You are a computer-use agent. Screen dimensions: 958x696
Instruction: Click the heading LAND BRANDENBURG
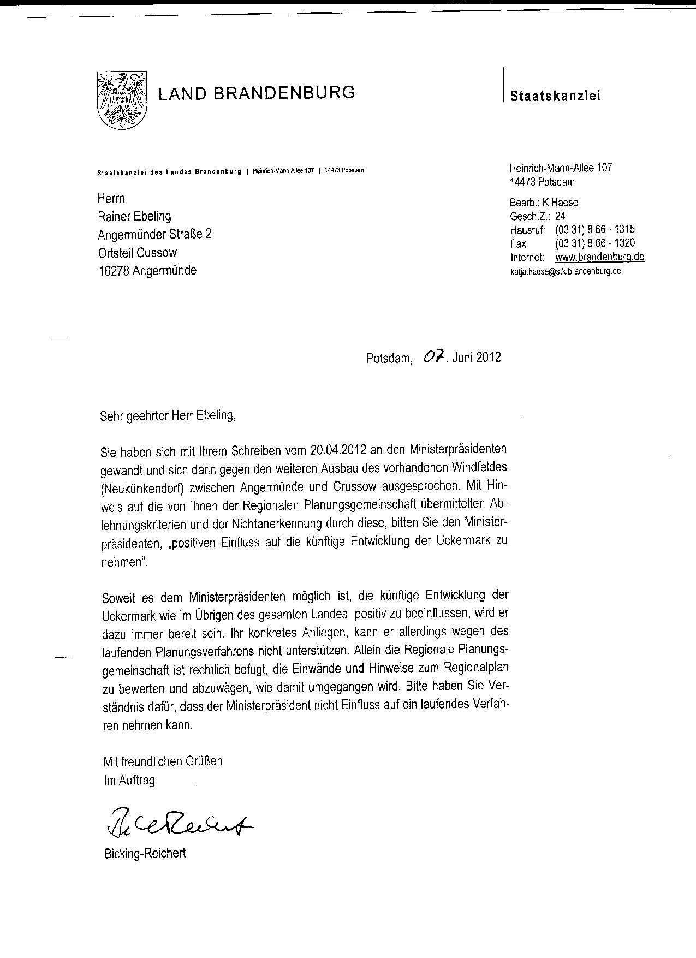[257, 92]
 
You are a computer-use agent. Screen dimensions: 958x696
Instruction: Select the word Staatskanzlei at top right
[555, 96]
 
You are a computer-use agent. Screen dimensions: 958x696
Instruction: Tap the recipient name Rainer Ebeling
[134, 216]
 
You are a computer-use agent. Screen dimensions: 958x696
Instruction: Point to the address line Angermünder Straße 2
[154, 234]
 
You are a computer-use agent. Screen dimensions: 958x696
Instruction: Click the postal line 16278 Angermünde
[147, 270]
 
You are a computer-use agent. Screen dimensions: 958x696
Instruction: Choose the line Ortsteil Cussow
[137, 252]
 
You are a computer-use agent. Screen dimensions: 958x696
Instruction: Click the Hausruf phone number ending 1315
[594, 230]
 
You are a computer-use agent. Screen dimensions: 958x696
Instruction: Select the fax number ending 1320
[594, 243]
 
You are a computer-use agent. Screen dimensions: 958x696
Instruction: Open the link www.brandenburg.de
[599, 257]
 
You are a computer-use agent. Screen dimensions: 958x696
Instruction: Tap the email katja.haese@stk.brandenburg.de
[566, 271]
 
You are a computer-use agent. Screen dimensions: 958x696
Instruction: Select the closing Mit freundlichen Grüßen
[163, 761]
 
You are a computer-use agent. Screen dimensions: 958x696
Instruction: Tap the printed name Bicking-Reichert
[145, 853]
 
